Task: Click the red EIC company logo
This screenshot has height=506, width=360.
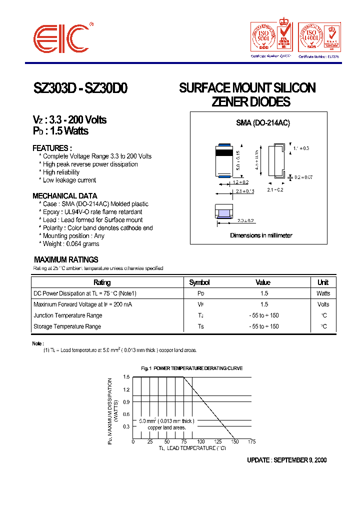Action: (x=61, y=37)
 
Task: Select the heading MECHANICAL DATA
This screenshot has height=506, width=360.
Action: (x=65, y=196)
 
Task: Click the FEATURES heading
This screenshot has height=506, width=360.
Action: (x=52, y=148)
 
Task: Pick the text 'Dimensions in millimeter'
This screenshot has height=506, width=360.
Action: (x=261, y=235)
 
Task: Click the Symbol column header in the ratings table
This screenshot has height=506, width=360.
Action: (x=199, y=282)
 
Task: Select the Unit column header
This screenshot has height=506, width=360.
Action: (x=323, y=282)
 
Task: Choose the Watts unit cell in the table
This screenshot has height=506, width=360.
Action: (x=323, y=293)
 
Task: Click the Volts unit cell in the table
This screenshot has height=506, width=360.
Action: (x=323, y=304)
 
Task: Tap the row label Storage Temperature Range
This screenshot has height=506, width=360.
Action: (x=67, y=326)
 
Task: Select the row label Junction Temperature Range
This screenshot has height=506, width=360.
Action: (x=67, y=315)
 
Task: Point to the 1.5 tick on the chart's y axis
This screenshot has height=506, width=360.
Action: (x=126, y=377)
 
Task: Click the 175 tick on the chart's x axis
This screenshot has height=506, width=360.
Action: (x=251, y=442)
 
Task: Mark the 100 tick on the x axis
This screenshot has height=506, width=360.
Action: (x=200, y=442)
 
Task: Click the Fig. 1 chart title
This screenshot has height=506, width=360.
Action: (x=192, y=368)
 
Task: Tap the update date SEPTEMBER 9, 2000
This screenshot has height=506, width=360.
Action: (x=299, y=460)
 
